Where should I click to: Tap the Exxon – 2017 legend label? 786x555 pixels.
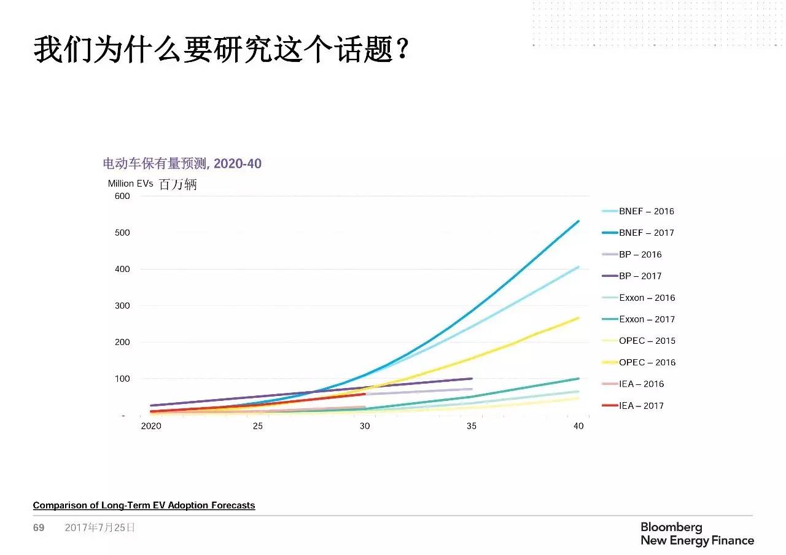pyautogui.click(x=647, y=319)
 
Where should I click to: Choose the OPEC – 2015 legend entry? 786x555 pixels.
pyautogui.click(x=647, y=341)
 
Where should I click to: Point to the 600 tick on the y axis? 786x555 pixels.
pyautogui.click(x=122, y=196)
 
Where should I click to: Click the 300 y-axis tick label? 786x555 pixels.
pyautogui.click(x=122, y=306)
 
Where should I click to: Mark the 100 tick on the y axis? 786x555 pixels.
pyautogui.click(x=122, y=379)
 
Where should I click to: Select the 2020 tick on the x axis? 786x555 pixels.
pyautogui.click(x=151, y=427)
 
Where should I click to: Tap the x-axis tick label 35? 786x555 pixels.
pyautogui.click(x=472, y=427)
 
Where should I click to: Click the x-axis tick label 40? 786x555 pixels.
pyautogui.click(x=578, y=427)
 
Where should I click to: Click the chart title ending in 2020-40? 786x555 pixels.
pyautogui.click(x=182, y=163)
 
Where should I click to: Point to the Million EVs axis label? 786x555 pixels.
pyautogui.click(x=130, y=184)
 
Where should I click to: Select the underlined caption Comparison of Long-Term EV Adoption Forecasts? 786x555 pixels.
pyautogui.click(x=144, y=505)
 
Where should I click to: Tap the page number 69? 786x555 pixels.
pyautogui.click(x=39, y=527)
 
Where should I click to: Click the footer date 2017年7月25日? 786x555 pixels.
pyautogui.click(x=99, y=527)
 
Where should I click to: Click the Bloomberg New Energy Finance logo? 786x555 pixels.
pyautogui.click(x=697, y=534)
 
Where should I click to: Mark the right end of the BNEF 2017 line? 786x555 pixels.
pyautogui.click(x=578, y=221)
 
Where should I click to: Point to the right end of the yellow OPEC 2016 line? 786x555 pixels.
pyautogui.click(x=578, y=317)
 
